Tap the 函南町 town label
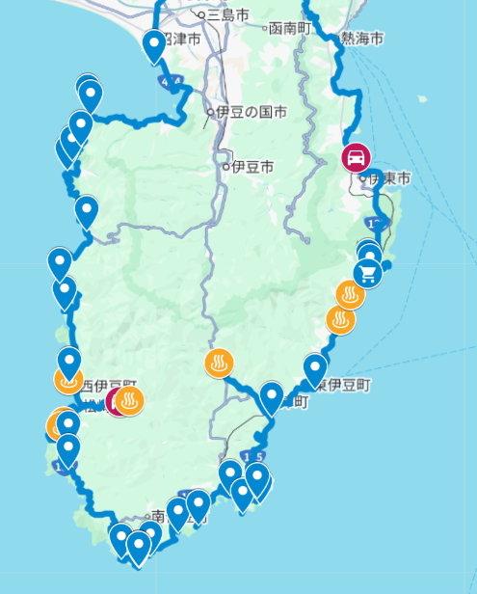click(x=289, y=27)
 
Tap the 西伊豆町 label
click(x=106, y=387)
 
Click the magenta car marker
click(x=356, y=157)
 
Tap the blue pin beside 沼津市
click(x=154, y=44)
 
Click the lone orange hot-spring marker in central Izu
click(x=220, y=364)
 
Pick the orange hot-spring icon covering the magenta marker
click(x=130, y=400)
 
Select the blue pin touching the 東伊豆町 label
click(x=315, y=369)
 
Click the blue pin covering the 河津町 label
click(x=272, y=396)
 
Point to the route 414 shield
click(x=171, y=84)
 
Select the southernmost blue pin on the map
click(x=139, y=548)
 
